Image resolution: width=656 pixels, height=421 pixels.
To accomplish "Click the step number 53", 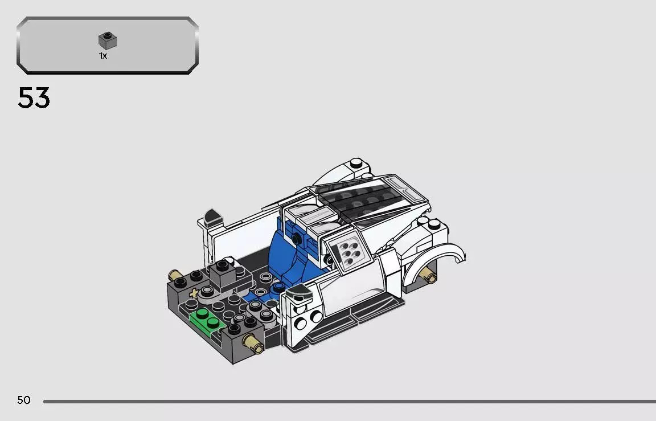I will click(x=34, y=98).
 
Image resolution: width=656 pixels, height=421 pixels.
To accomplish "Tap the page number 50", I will click(x=23, y=400).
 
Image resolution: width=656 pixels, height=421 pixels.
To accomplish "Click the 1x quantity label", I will click(x=103, y=56).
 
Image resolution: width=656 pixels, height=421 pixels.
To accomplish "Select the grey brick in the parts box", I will click(x=108, y=40).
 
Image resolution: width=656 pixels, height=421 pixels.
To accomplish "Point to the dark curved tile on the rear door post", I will click(x=212, y=215).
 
